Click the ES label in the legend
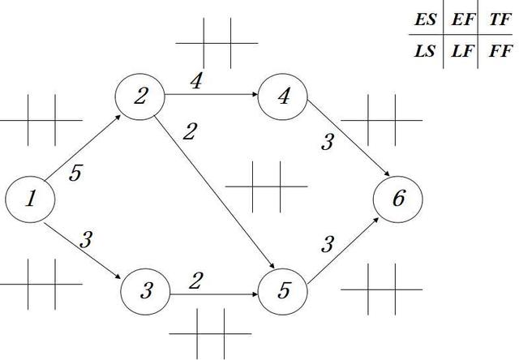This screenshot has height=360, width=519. (425, 19)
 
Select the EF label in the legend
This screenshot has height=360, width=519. (463, 19)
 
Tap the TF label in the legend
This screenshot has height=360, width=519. (500, 19)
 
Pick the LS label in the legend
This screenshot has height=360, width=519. (424, 51)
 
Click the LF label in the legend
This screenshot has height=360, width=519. (463, 51)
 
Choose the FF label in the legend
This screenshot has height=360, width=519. (500, 51)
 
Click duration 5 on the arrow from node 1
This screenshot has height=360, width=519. (75, 173)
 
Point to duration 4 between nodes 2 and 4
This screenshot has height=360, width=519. (196, 81)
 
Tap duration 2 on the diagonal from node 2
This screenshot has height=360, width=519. (190, 131)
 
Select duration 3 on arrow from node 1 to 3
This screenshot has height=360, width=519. (86, 239)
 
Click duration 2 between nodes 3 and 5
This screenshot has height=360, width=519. (195, 281)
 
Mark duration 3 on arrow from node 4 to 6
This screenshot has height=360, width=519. (328, 142)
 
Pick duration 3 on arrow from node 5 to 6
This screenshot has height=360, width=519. (328, 245)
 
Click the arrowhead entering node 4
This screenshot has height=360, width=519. (255, 94)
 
